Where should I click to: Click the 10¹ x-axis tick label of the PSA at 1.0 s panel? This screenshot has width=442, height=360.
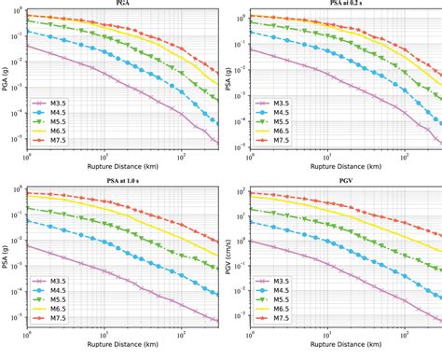104,335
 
